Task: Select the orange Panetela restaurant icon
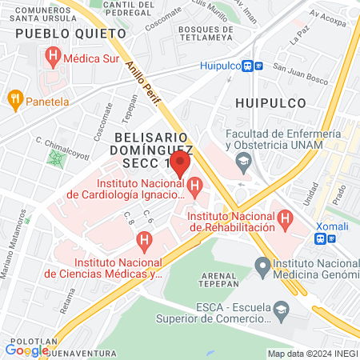tap(14, 101)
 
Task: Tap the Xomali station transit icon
tap(320, 238)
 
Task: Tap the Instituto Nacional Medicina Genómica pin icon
tap(261, 265)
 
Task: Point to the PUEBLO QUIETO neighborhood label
tap(70, 34)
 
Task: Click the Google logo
tap(26, 350)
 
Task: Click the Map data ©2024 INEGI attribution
tap(312, 353)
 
